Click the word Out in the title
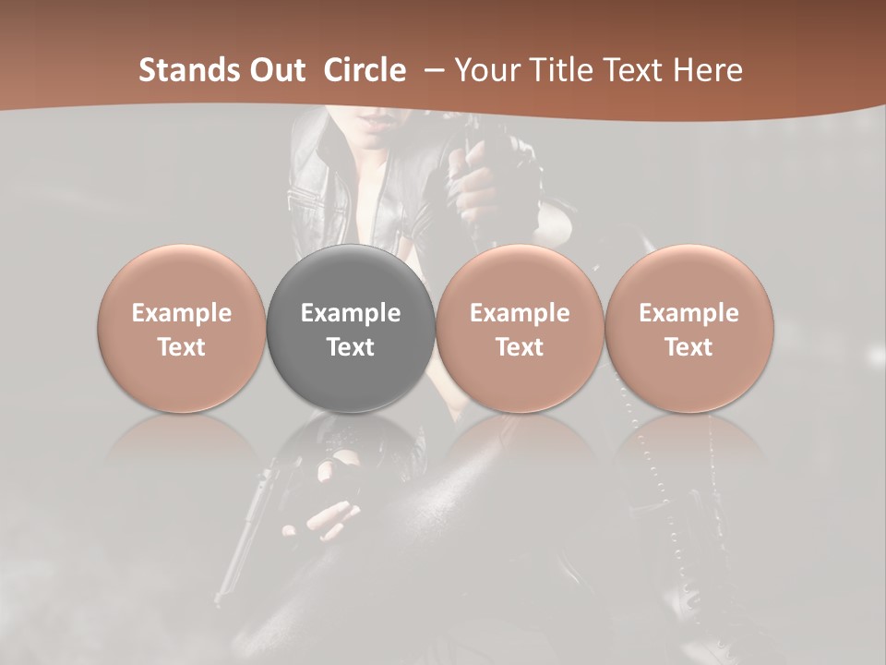275,70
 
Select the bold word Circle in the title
364,70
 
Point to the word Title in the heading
563,70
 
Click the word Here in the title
708,70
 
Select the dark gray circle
351,328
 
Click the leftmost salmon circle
182,328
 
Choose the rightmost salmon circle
689,328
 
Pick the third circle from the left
520,328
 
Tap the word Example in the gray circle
351,313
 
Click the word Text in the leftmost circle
182,347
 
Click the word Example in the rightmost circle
689,313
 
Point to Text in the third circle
520,347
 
